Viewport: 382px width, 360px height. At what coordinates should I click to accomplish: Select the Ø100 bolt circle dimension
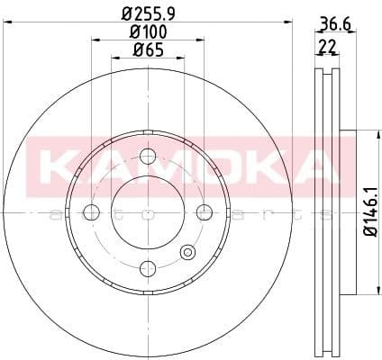click(x=149, y=33)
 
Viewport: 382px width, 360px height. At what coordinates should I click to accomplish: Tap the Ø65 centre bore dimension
click(x=148, y=51)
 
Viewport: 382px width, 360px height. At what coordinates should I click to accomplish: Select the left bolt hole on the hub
click(x=91, y=212)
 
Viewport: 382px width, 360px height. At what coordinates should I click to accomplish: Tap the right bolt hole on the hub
click(x=204, y=212)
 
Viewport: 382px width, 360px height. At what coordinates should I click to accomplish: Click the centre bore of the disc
click(x=148, y=212)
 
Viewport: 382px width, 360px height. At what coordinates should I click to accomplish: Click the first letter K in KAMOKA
click(x=61, y=164)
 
